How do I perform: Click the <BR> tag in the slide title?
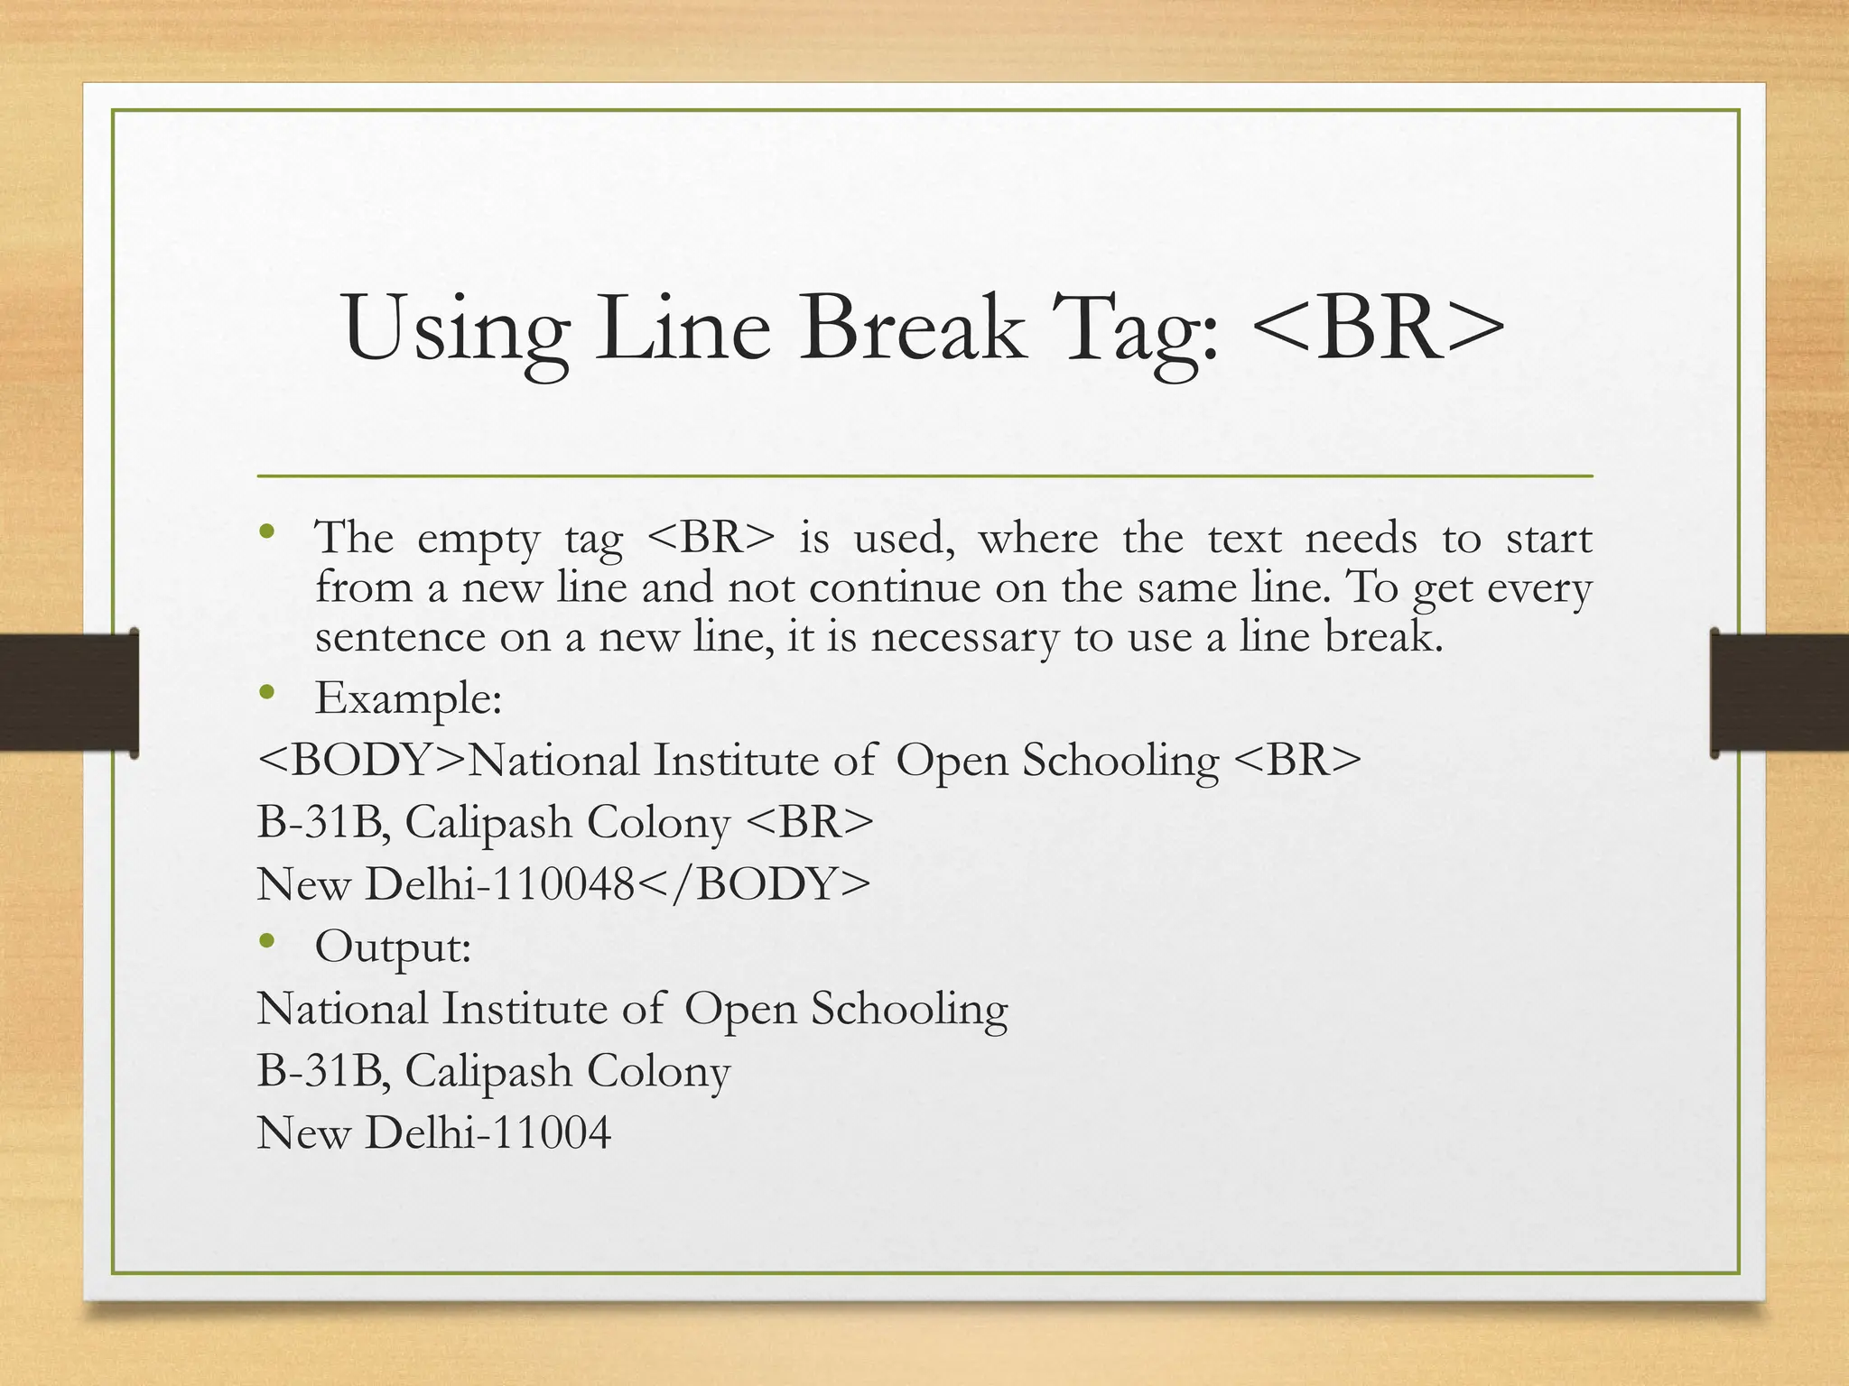(1378, 329)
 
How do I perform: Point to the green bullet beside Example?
(266, 693)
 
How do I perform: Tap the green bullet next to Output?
(266, 942)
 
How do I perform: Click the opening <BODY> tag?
(361, 760)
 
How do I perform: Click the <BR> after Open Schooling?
(1296, 760)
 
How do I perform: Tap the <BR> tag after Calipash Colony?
(811, 822)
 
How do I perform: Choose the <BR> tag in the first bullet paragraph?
(711, 538)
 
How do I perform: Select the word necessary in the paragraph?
(963, 637)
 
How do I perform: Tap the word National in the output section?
(342, 1009)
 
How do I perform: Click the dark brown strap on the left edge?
(69, 692)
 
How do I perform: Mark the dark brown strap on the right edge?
(1779, 692)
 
